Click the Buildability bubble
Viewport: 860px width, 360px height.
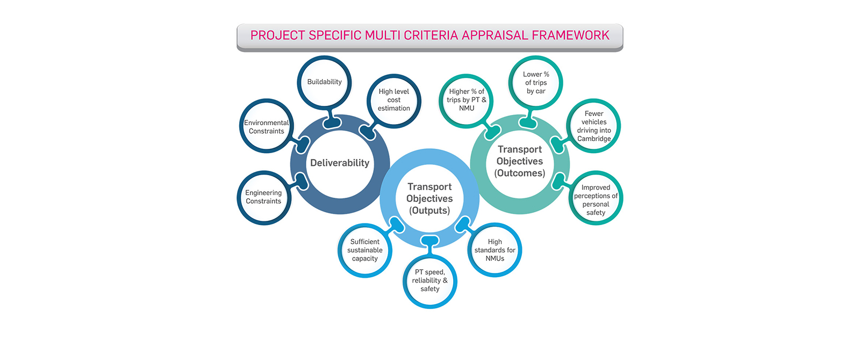tap(324, 82)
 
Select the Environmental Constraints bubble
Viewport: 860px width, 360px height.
tap(267, 127)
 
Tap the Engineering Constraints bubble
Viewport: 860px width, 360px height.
tap(263, 197)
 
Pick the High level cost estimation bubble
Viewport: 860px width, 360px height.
tap(394, 100)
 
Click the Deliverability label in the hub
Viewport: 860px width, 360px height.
tap(340, 163)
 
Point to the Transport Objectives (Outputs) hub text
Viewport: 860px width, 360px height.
tap(429, 198)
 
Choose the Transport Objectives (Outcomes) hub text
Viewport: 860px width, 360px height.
tap(520, 161)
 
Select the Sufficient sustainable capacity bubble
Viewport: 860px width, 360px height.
tap(365, 250)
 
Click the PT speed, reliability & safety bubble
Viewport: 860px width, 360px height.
tap(430, 280)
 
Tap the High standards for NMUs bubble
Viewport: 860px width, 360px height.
tap(495, 250)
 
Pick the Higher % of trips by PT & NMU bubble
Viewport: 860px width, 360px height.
tap(467, 100)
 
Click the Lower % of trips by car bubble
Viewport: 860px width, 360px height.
tap(536, 83)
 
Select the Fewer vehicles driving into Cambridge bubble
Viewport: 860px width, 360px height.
tap(594, 126)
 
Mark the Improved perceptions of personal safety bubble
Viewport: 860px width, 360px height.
tap(596, 200)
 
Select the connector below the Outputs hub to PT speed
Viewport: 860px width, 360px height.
tap(430, 245)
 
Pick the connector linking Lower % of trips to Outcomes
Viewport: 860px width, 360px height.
tap(529, 120)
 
